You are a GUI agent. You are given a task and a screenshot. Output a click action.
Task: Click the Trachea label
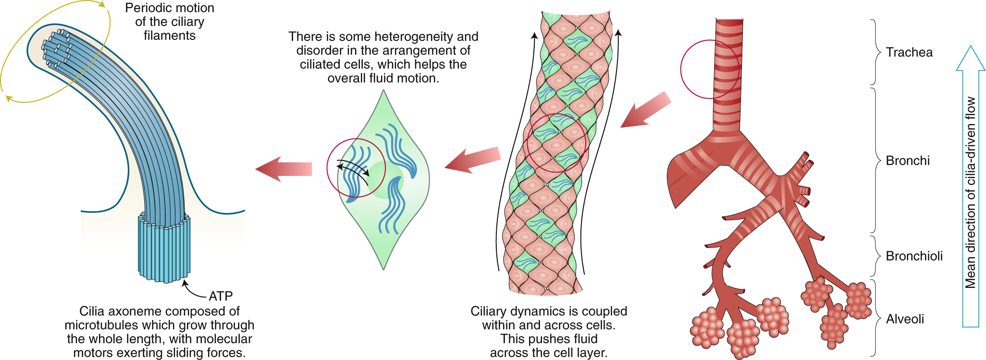click(909, 52)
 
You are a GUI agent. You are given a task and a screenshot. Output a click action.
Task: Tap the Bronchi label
click(907, 161)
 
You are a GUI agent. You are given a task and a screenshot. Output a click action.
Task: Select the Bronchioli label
click(914, 256)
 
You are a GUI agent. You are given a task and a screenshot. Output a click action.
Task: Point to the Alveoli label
click(905, 319)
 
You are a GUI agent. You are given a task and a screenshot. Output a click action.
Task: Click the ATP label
click(221, 296)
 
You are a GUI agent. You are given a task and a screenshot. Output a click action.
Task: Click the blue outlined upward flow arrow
click(971, 187)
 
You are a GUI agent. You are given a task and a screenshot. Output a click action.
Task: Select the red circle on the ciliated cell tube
click(556, 143)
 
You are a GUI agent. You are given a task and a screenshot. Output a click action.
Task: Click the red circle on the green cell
click(356, 168)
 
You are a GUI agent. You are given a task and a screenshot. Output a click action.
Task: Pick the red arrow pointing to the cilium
click(283, 169)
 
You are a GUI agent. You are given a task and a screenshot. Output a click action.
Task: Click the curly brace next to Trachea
click(875, 52)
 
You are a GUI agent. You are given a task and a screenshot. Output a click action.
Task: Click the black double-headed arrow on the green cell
click(353, 166)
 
